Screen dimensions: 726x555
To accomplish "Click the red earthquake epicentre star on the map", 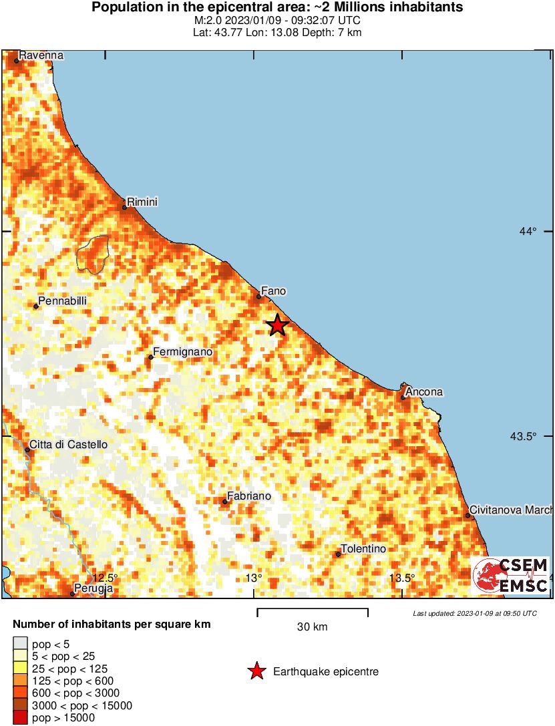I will tap(277, 325).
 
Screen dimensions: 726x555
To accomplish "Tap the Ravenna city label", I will tap(41, 55).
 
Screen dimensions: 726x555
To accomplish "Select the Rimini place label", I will tap(143, 202).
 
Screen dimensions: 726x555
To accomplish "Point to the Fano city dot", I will tap(258, 297).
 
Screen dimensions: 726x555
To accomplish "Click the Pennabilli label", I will tap(63, 302).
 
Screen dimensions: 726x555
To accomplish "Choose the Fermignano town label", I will tap(182, 352).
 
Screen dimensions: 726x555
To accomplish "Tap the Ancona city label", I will tap(424, 392).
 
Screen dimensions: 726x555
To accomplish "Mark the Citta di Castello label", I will tap(68, 445).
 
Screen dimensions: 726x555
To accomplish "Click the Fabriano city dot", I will tap(225, 502).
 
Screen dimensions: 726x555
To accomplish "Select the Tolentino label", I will tap(363, 549).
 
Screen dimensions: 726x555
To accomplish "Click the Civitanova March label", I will tap(511, 510).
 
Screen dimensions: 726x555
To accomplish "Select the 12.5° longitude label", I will tap(105, 578).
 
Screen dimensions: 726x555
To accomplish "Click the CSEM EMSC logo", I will tap(511, 576).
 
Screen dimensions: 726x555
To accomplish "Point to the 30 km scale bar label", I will tap(312, 627).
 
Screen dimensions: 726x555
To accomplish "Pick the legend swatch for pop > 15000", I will tap(21, 719).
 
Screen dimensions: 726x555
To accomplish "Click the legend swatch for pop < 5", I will tap(21, 644).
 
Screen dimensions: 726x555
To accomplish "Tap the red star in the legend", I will tap(256, 672).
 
